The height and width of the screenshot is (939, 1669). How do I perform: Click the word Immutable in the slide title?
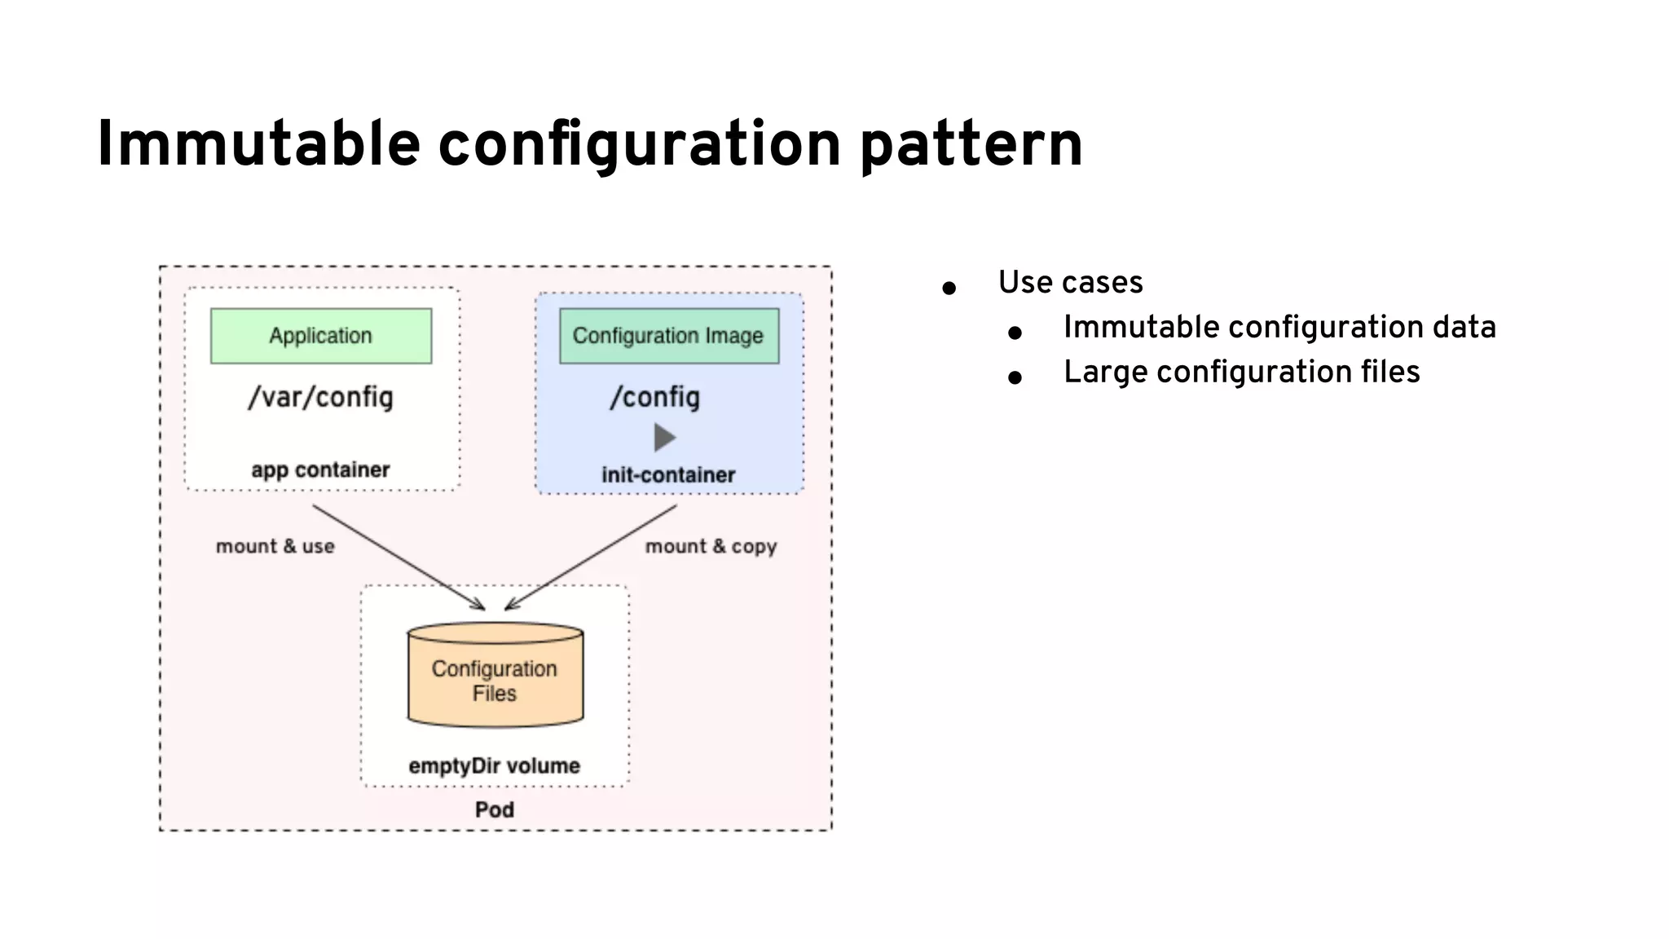click(x=258, y=145)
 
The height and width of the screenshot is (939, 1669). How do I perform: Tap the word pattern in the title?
click(x=971, y=145)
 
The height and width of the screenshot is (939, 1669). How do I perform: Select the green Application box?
click(x=321, y=336)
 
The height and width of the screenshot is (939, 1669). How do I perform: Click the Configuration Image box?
click(x=668, y=336)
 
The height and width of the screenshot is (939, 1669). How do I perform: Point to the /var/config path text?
click(x=321, y=397)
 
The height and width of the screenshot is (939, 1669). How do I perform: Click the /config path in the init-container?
click(x=655, y=397)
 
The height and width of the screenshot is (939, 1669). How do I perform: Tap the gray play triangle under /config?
click(x=664, y=438)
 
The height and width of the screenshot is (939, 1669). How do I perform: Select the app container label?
click(x=320, y=469)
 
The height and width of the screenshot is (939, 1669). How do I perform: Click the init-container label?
click(x=668, y=474)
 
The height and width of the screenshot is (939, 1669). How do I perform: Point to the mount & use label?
click(x=275, y=546)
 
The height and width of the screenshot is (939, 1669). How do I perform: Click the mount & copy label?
click(x=711, y=546)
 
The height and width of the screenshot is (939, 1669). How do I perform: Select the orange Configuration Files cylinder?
click(x=495, y=677)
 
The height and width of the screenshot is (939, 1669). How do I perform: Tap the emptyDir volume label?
click(x=494, y=765)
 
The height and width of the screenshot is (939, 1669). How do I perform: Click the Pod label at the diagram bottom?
click(x=495, y=809)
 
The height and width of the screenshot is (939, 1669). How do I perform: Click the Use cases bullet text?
click(x=1070, y=283)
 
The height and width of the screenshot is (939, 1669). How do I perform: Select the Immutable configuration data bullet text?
click(x=1279, y=328)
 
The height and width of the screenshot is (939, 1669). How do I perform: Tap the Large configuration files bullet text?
click(x=1241, y=373)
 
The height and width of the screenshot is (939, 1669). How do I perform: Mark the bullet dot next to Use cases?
click(x=949, y=288)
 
